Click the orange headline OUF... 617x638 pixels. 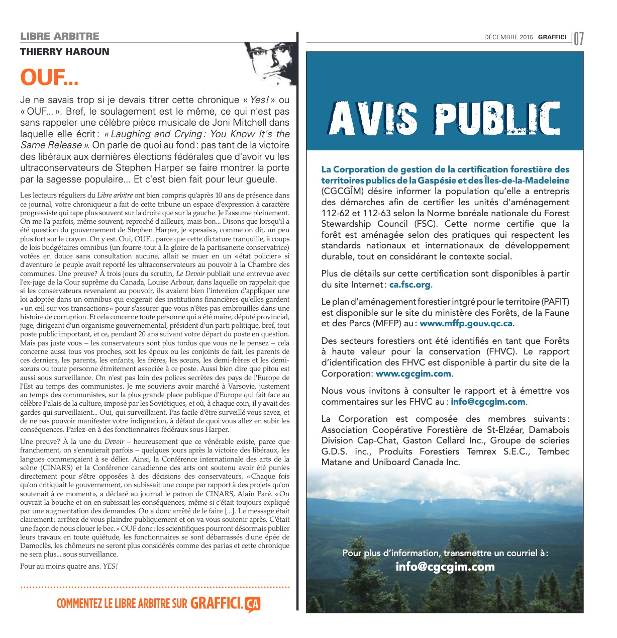tap(49, 77)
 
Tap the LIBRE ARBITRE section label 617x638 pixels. tap(60, 36)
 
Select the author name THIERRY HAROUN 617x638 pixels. tap(64, 51)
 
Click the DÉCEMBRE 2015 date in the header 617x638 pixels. tap(508, 37)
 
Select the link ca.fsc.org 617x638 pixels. tap(409, 285)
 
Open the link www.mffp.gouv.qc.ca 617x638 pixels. tap(466, 324)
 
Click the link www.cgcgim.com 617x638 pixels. tap(413, 374)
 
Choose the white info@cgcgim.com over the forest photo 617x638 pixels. tap(445, 567)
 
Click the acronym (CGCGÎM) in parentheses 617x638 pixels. tap(344, 191)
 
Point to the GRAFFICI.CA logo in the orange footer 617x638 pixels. tap(225, 604)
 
